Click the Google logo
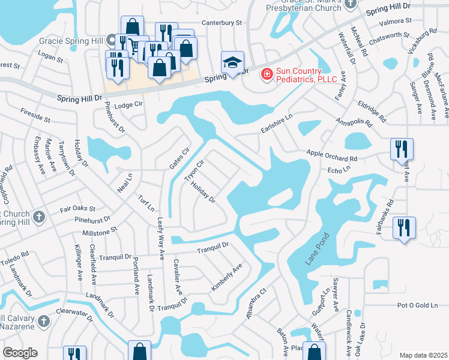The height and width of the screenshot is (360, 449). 20,353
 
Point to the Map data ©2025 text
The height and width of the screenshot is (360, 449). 423,355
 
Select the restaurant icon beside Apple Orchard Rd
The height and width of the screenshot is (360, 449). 401,149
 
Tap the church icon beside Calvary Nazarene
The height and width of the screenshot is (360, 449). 43,322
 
